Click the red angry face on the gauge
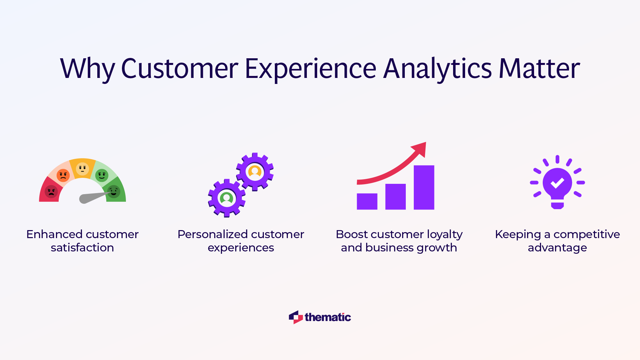[x=51, y=191]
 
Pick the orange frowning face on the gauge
[x=63, y=175]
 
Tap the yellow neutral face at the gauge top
[x=82, y=169]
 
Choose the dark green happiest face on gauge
[x=114, y=191]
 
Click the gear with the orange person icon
[x=255, y=172]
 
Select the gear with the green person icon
[x=227, y=198]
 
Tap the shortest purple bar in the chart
[x=367, y=201]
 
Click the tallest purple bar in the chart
[x=424, y=187]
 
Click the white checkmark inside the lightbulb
[x=557, y=182]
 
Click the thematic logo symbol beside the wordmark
[x=296, y=317]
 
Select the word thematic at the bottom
[x=327, y=317]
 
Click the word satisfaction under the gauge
[x=82, y=248]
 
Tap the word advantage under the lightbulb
[x=557, y=248]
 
